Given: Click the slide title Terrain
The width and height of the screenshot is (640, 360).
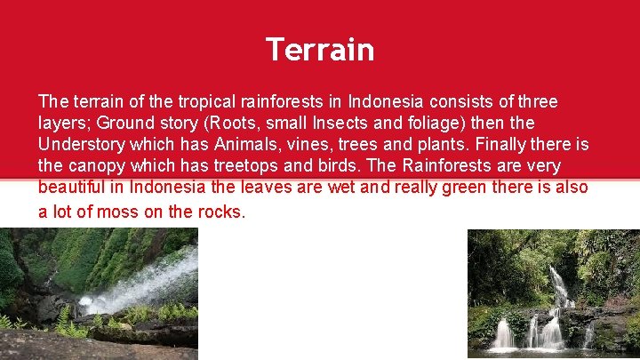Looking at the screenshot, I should tap(320, 50).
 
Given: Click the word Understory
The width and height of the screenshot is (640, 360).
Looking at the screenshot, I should tap(79, 144).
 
